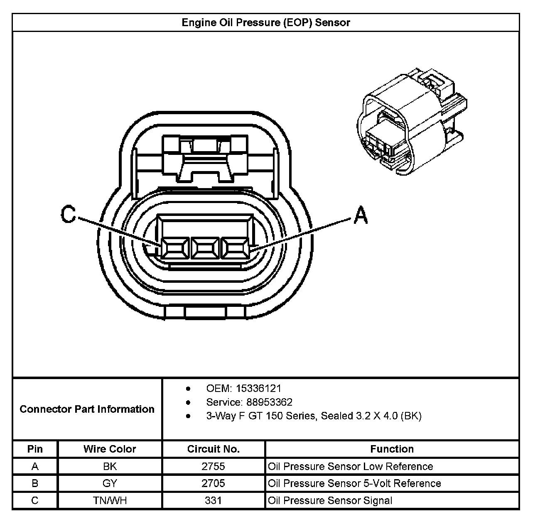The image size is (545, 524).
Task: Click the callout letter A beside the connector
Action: pyautogui.click(x=361, y=215)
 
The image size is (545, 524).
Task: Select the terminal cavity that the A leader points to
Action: pyautogui.click(x=234, y=250)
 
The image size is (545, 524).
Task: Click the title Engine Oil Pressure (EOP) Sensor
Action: pyautogui.click(x=266, y=22)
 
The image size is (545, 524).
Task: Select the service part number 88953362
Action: pyautogui.click(x=269, y=402)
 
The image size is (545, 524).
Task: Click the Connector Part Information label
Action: pyautogui.click(x=87, y=409)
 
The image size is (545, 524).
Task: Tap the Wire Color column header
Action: pyautogui.click(x=110, y=449)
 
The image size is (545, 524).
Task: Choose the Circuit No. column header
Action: pyautogui.click(x=213, y=449)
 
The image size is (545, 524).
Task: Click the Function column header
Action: pyautogui.click(x=392, y=449)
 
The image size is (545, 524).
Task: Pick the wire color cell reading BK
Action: pyautogui.click(x=110, y=467)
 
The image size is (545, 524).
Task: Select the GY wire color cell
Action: pyautogui.click(x=110, y=484)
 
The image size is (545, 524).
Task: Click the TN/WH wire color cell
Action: pyautogui.click(x=110, y=501)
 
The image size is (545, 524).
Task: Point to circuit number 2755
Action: pyautogui.click(x=213, y=467)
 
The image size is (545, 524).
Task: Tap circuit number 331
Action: pyautogui.click(x=213, y=501)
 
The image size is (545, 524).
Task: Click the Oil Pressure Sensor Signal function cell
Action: pyautogui.click(x=330, y=501)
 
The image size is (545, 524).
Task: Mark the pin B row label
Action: pyautogui.click(x=35, y=484)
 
